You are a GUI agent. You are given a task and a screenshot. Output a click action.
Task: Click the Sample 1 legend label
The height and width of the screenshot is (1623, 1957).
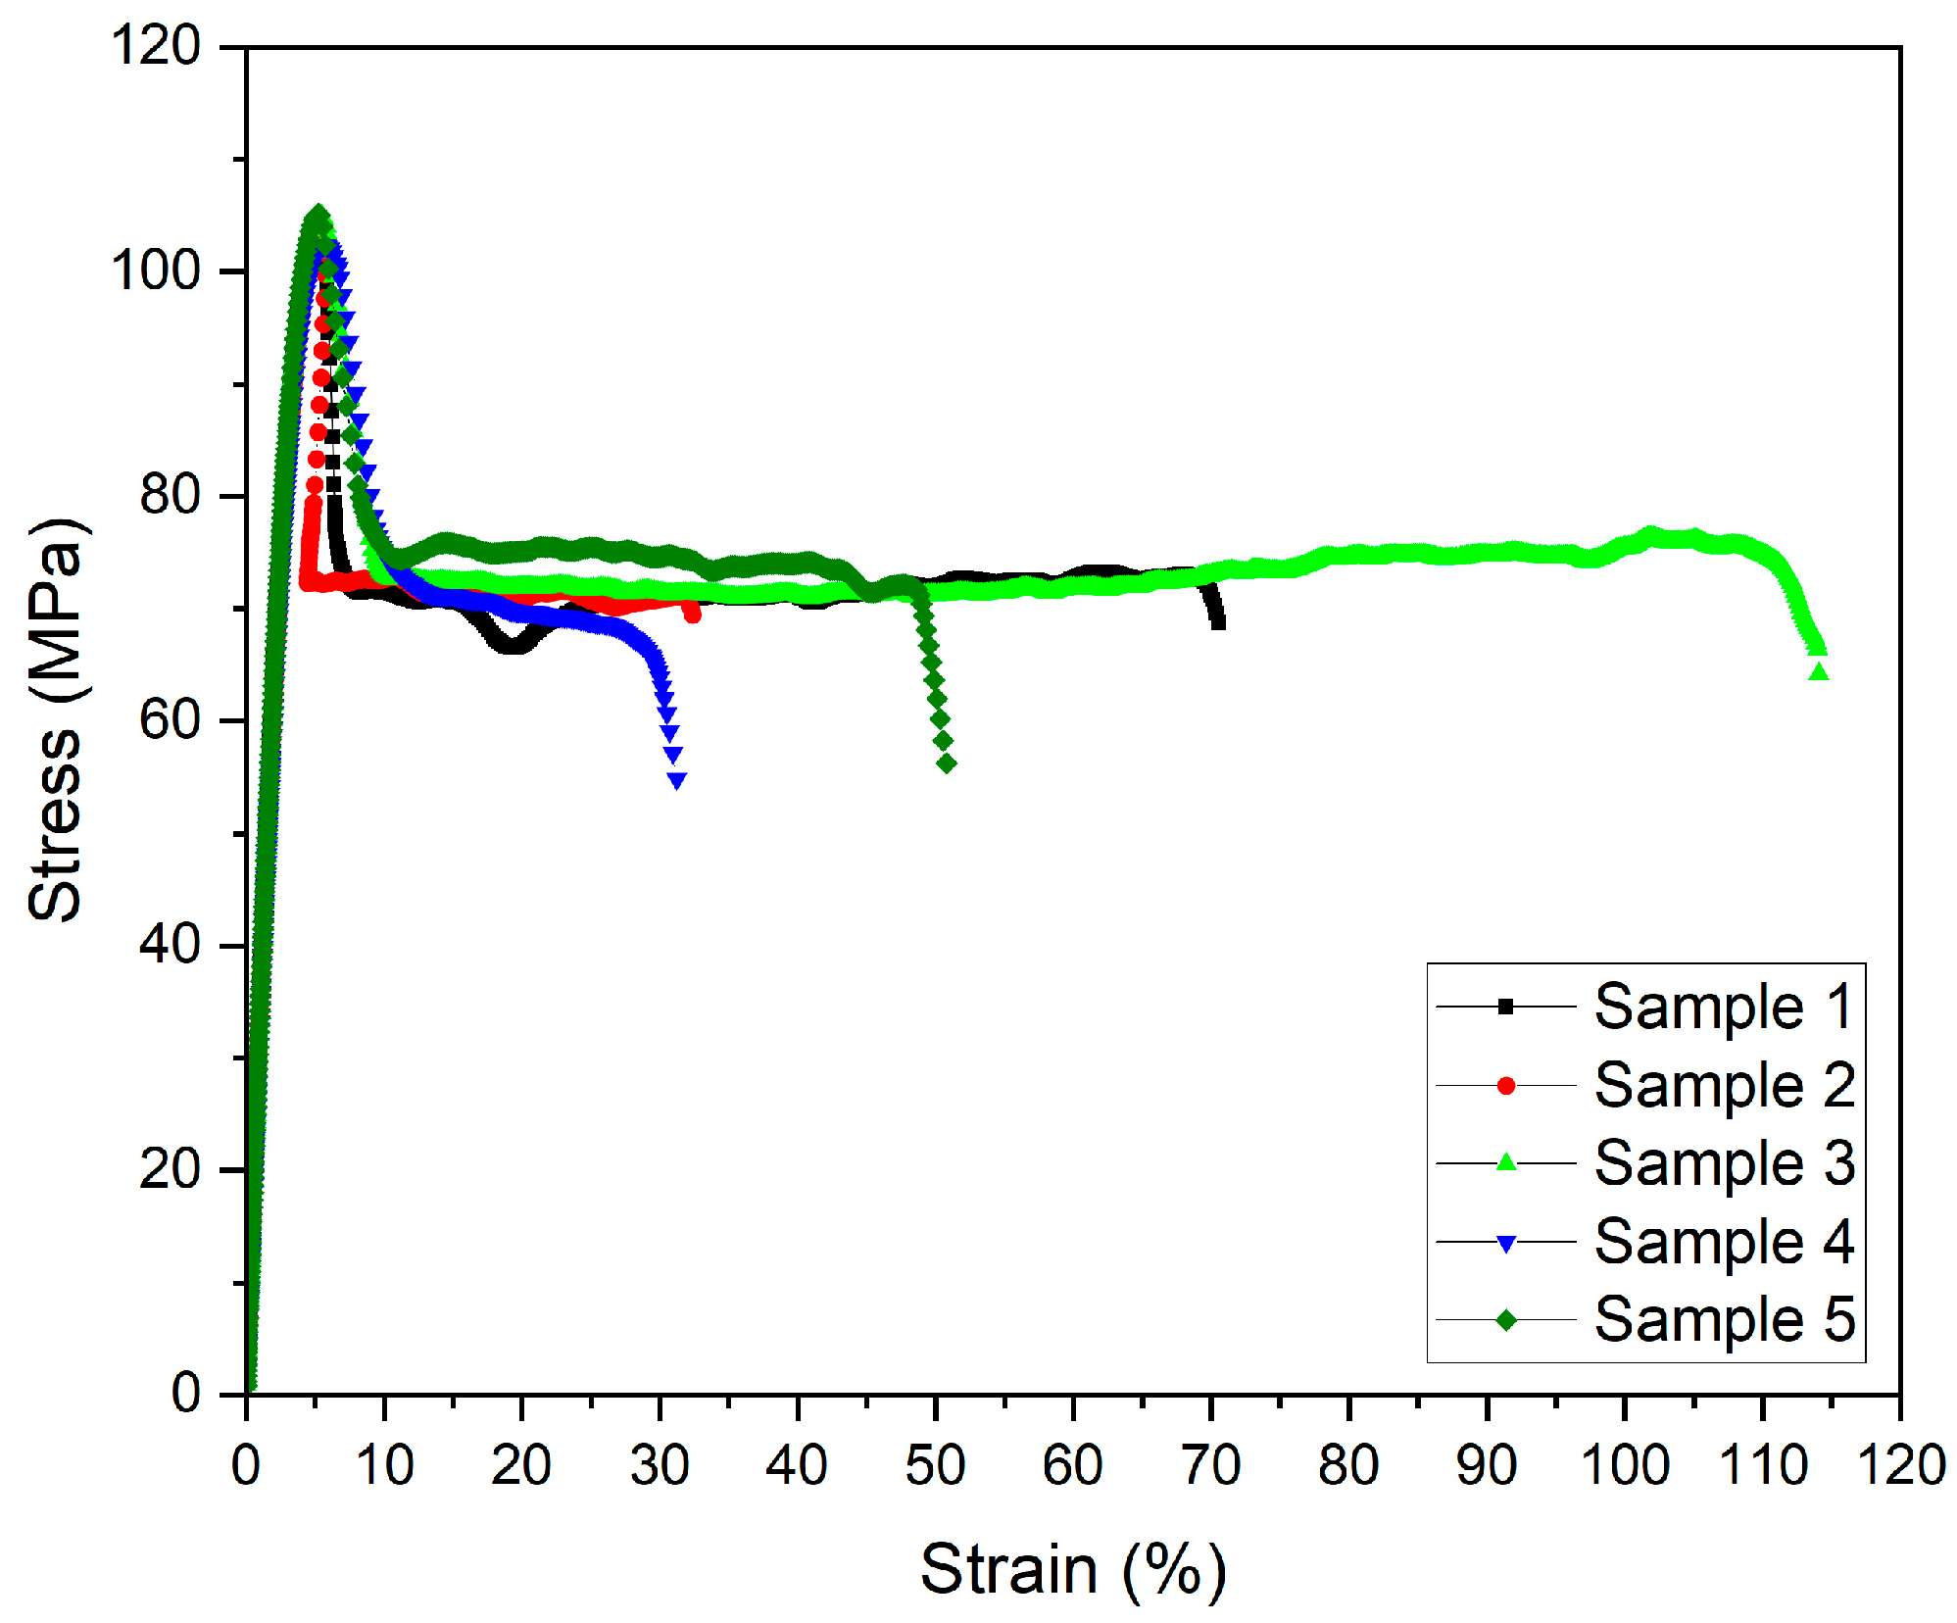coord(1723,1007)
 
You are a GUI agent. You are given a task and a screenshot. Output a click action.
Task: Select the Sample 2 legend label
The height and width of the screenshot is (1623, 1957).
coord(1723,1085)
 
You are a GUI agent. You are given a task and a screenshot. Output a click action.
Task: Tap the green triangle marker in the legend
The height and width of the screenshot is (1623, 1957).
coord(1506,1162)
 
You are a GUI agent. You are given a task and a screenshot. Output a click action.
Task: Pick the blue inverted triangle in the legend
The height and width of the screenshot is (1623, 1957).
coord(1506,1244)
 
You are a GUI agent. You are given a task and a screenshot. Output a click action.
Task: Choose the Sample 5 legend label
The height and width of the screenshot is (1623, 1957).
coord(1723,1319)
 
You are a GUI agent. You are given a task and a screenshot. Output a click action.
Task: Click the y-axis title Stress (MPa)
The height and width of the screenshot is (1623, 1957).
coord(56,720)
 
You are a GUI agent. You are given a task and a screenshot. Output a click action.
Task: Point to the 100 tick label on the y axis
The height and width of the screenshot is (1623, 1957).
coord(156,270)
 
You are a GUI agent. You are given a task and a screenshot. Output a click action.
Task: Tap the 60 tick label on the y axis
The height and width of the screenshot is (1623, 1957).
coord(170,720)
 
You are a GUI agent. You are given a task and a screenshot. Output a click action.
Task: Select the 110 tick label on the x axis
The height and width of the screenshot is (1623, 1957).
coord(1763,1466)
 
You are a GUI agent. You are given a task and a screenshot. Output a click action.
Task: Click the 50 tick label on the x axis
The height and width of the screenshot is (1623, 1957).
coord(935,1466)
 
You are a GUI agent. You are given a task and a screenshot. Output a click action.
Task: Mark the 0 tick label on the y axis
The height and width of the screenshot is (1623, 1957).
coord(186,1393)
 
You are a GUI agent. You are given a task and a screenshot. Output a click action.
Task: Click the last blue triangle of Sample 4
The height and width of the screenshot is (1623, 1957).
coord(676,780)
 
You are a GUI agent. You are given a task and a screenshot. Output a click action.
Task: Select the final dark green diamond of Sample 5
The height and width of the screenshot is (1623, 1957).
coord(947,763)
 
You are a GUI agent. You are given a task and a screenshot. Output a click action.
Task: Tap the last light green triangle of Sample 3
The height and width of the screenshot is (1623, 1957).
coord(1819,672)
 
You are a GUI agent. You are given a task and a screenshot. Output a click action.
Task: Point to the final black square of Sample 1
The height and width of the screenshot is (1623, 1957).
coord(1218,621)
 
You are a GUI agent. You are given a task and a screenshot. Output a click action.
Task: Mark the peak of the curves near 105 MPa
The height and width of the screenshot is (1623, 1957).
coord(317,214)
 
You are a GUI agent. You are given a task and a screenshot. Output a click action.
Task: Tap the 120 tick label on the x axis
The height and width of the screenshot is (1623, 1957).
coord(1900,1466)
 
